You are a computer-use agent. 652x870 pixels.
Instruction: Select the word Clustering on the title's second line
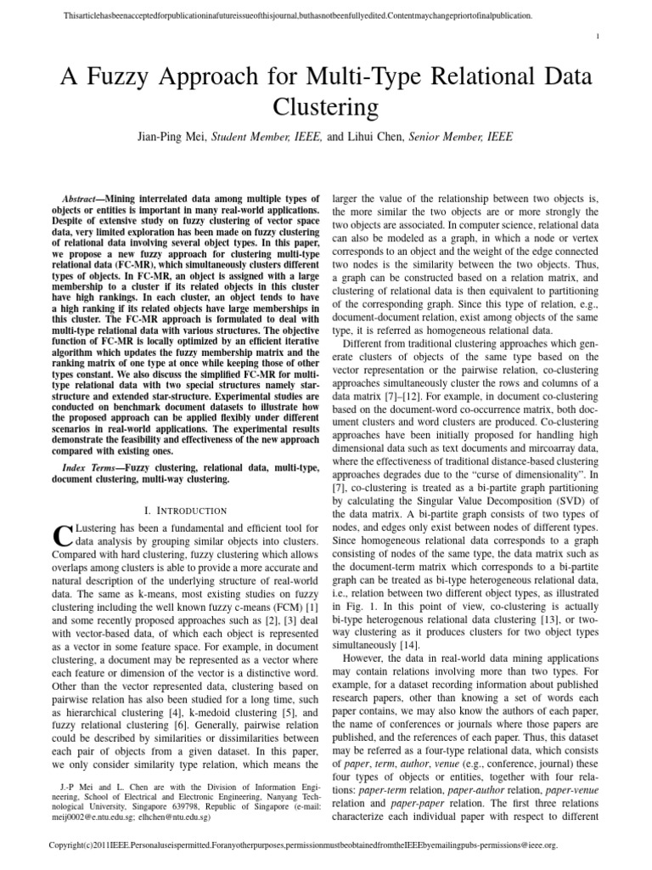point(325,108)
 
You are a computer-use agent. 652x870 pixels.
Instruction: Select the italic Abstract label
point(88,195)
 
